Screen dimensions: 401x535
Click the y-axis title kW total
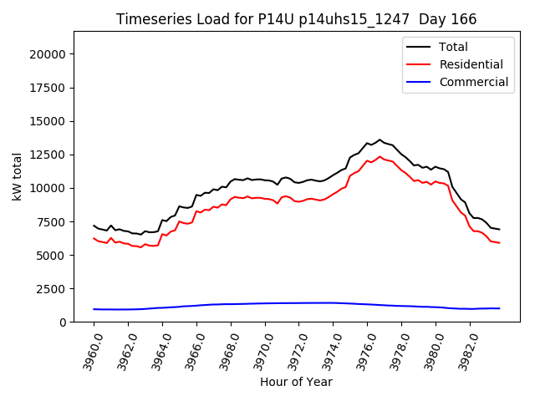click(x=18, y=176)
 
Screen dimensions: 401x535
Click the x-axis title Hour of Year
click(x=296, y=383)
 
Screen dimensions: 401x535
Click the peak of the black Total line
click(x=380, y=140)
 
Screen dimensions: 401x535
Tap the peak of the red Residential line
click(x=380, y=156)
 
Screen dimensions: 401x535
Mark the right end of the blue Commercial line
click(x=500, y=308)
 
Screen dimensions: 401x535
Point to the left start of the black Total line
click(x=94, y=226)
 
